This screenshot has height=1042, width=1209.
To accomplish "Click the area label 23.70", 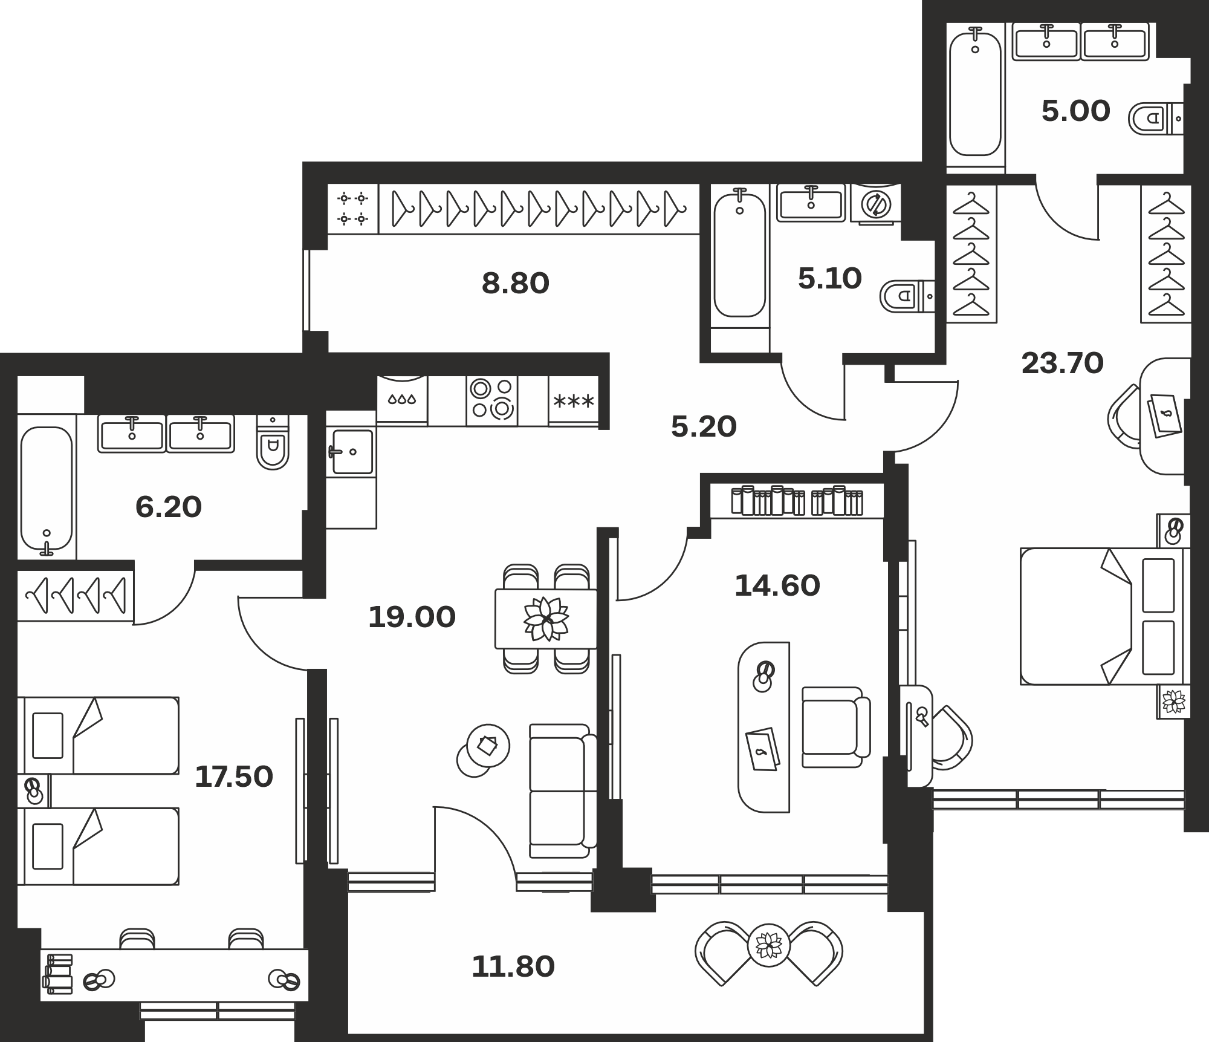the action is (x=1063, y=363).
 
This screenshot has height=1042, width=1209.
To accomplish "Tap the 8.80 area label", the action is (x=516, y=283).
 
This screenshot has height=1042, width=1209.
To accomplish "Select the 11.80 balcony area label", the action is (x=513, y=966).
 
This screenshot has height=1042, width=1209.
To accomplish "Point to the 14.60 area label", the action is (x=777, y=585).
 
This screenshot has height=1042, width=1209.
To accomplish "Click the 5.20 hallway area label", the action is (x=704, y=426).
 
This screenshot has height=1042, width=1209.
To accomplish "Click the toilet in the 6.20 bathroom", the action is (x=273, y=442).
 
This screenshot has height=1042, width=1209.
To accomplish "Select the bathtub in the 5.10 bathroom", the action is (x=740, y=254).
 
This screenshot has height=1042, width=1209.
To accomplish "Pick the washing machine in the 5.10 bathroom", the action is (x=875, y=204).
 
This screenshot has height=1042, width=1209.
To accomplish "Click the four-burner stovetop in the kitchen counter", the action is (x=492, y=400).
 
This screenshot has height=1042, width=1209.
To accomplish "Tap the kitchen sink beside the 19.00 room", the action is (x=351, y=451).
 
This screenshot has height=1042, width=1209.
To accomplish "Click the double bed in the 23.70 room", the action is (x=1106, y=616).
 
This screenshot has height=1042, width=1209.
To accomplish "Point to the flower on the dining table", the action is (x=546, y=619).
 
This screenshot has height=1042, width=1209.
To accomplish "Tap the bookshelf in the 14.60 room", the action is (x=797, y=501).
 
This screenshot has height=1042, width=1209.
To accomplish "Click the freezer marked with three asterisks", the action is (x=574, y=400).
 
